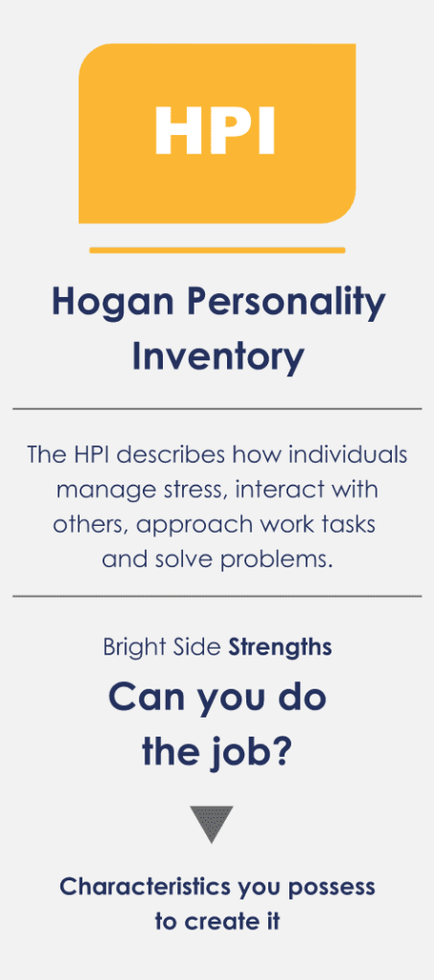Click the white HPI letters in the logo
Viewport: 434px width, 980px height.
point(215,130)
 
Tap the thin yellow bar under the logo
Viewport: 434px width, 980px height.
point(217,250)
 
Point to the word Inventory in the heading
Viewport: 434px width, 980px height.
point(217,357)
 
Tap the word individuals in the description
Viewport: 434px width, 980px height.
point(345,454)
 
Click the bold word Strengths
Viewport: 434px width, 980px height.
point(280,648)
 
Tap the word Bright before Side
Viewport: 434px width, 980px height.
point(128,648)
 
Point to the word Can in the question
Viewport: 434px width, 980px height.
point(140,698)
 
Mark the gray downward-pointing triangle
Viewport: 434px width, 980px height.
point(212,822)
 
